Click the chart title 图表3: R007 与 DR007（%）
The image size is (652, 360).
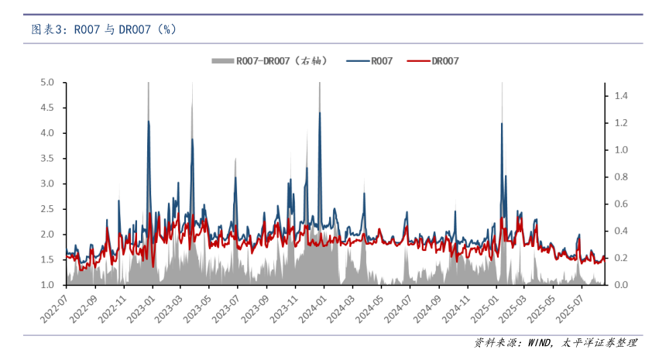pyautogui.click(x=103, y=29)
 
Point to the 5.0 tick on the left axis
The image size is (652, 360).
pyautogui.click(x=48, y=82)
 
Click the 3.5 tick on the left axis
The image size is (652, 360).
pyautogui.click(x=48, y=158)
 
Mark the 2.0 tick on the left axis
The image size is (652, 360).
pyautogui.click(x=48, y=234)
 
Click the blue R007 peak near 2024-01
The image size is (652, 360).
pyautogui.click(x=320, y=113)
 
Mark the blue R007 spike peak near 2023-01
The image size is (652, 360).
pyautogui.click(x=149, y=121)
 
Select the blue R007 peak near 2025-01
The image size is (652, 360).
pyautogui.click(x=502, y=123)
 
